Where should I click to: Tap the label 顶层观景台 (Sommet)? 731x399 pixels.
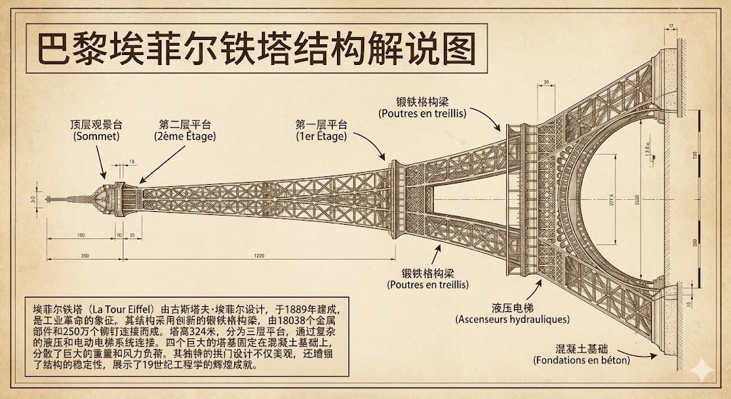click(x=96, y=129)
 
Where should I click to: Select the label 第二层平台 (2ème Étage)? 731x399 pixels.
click(x=184, y=129)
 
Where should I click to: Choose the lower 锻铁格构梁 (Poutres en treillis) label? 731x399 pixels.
click(x=428, y=278)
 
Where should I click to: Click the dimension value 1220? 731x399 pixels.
click(x=258, y=255)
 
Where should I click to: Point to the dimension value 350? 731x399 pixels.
click(x=85, y=255)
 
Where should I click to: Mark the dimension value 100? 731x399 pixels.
click(x=81, y=234)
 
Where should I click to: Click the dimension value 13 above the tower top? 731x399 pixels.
click(x=132, y=162)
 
